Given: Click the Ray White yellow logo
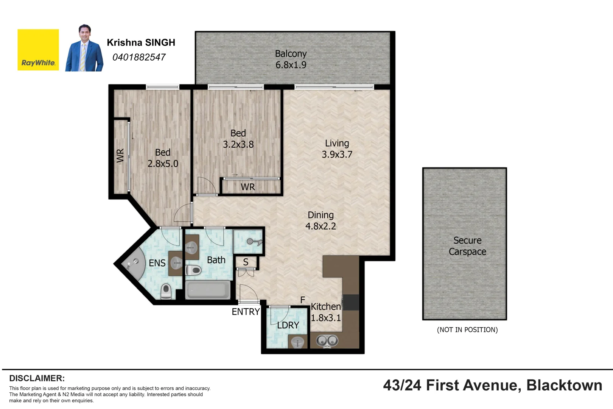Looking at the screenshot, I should [38, 50].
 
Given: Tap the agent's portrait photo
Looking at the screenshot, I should [84, 48].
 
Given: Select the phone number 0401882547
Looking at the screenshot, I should [139, 57].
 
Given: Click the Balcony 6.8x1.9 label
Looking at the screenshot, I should [291, 59].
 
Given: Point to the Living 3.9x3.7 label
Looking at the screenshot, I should [337, 149].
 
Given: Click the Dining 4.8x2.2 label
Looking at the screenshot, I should [321, 220].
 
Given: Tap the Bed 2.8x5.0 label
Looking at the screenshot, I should [163, 158].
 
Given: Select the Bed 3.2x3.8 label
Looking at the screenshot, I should [238, 139].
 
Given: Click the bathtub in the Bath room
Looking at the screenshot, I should [208, 290].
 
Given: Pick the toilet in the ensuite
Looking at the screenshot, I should [166, 292].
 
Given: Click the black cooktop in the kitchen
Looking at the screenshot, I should [351, 302].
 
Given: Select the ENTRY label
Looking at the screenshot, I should [246, 312].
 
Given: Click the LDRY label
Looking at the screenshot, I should [288, 325].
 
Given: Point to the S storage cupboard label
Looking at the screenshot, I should [246, 262].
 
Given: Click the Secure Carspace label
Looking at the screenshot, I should [467, 246].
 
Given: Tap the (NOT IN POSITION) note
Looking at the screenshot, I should [467, 330].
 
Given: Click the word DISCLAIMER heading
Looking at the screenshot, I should [37, 378].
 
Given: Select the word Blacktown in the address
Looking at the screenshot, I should [564, 386].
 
